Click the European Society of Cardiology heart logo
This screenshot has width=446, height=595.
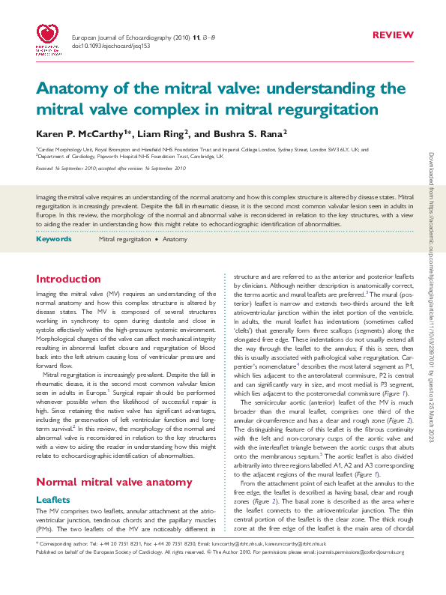pos(49,37)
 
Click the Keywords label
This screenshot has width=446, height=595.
pos(53,238)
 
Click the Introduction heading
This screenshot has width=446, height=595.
pos(68,279)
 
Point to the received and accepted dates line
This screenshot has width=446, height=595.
pos(110,169)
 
